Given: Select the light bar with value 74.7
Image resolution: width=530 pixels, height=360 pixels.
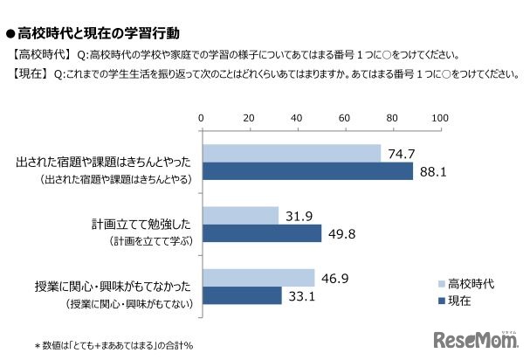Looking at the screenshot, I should pyautogui.click(x=291, y=154).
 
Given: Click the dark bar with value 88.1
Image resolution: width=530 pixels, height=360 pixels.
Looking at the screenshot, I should pyautogui.click(x=306, y=171).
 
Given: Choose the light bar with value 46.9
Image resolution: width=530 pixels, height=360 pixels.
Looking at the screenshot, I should pyautogui.click(x=258, y=278).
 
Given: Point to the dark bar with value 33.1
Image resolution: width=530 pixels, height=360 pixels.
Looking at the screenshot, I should pyautogui.click(x=241, y=295).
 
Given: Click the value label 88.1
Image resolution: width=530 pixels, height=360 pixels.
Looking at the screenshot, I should pyautogui.click(x=433, y=172).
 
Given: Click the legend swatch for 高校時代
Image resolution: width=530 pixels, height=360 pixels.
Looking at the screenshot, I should pyautogui.click(x=439, y=283).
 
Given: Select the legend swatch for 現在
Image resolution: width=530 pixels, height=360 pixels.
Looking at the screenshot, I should pyautogui.click(x=439, y=301).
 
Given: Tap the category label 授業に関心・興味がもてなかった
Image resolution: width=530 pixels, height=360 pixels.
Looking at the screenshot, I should pyautogui.click(x=128, y=286).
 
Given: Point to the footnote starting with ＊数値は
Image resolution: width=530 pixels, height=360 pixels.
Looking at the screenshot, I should pyautogui.click(x=113, y=345).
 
